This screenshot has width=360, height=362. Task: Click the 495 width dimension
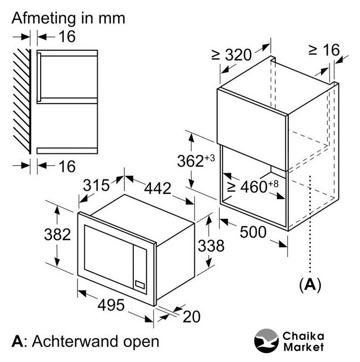point(111,305)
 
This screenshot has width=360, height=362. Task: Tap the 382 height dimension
point(58,235)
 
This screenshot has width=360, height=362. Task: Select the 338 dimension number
point(211,245)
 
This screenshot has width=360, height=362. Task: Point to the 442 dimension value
point(158,188)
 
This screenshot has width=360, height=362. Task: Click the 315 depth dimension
point(96,185)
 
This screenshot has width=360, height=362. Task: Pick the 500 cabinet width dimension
point(253,232)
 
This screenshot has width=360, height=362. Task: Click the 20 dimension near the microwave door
point(192,317)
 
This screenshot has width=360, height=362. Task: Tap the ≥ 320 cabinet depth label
point(231,55)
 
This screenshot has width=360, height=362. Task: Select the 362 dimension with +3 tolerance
point(196,161)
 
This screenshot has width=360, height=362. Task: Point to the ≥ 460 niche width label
point(253,186)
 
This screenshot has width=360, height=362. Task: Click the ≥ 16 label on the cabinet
point(324,50)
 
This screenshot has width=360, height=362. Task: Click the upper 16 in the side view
point(67,36)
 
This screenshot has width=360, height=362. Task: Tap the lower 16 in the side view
point(67,166)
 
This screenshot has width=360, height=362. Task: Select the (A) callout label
point(310,285)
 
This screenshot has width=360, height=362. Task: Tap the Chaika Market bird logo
point(266,341)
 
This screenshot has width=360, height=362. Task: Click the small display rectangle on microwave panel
point(140,285)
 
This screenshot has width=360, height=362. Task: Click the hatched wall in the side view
point(22,101)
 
